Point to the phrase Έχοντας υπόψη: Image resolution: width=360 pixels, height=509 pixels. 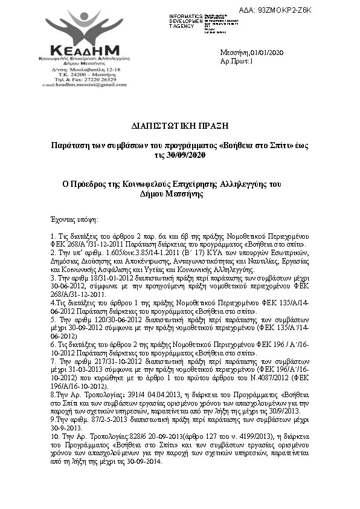[x=75, y=218]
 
